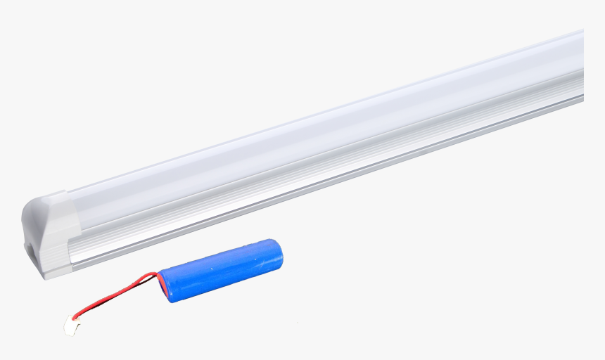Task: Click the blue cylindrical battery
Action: pyautogui.click(x=222, y=270)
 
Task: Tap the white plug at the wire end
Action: pyautogui.click(x=72, y=326)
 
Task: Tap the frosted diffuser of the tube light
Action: pyautogui.click(x=317, y=134)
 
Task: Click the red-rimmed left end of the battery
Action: pyautogui.click(x=163, y=287)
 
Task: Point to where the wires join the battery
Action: pyautogui.click(x=159, y=276)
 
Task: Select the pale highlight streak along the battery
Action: pyautogui.click(x=218, y=252)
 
